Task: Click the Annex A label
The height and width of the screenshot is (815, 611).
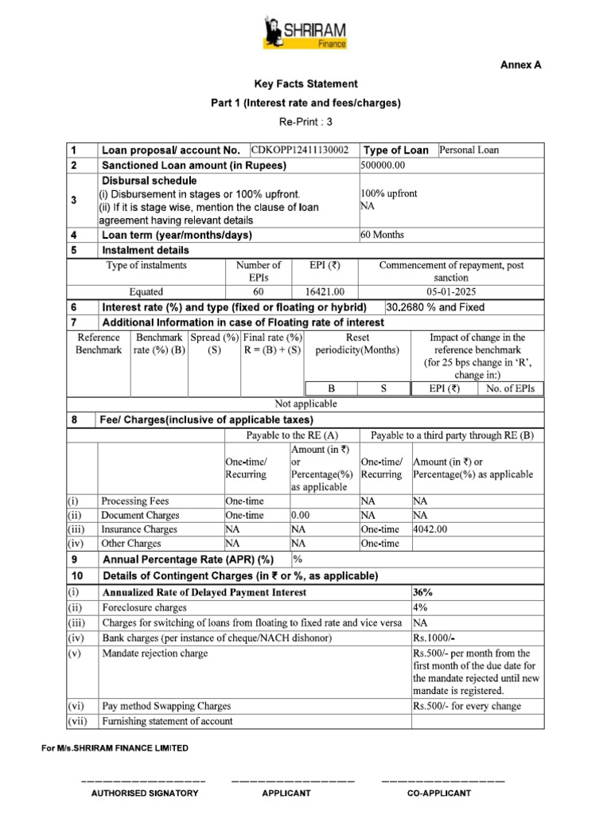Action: (520, 65)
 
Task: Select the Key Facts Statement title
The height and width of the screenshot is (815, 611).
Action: (305, 84)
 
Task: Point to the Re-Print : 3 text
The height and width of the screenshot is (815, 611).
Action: (305, 123)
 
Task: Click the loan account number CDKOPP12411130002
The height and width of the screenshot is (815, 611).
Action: (300, 150)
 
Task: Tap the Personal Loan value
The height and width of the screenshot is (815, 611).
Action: (469, 150)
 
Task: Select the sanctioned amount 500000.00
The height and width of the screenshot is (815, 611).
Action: (383, 165)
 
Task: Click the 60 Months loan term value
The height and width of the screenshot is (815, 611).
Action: (383, 235)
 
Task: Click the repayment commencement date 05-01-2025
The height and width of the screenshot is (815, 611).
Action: (451, 292)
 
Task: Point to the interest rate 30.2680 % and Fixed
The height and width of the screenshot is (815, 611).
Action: (435, 307)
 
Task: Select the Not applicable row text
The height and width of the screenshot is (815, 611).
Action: (305, 404)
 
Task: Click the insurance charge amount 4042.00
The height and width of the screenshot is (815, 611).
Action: (430, 529)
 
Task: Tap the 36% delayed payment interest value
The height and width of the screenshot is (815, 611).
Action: (423, 593)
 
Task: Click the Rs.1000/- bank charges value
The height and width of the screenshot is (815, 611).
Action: (434, 638)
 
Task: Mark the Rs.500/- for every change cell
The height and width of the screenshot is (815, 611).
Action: (467, 706)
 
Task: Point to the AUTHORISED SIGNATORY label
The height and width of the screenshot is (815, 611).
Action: (144, 794)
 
